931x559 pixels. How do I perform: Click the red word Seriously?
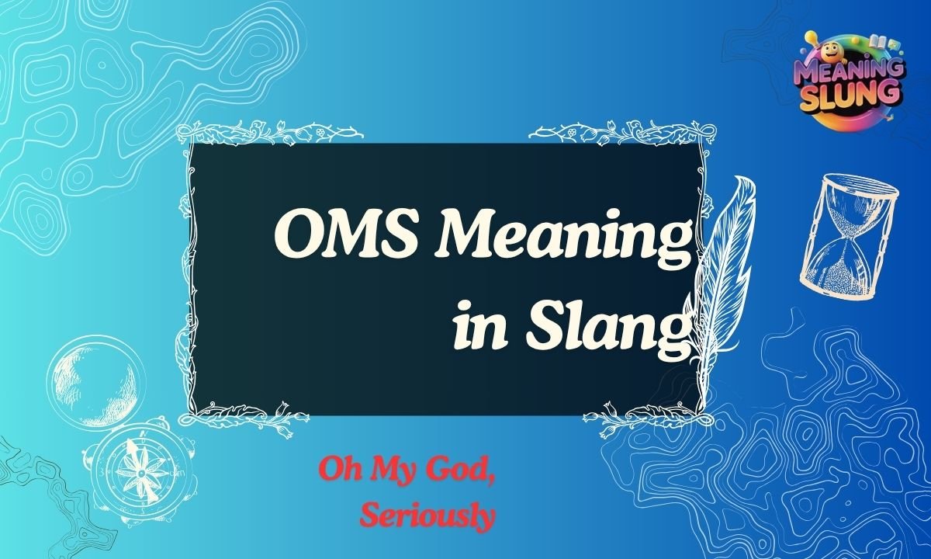(428, 515)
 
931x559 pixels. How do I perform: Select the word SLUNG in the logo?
(849, 96)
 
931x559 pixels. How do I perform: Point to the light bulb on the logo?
(812, 36)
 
